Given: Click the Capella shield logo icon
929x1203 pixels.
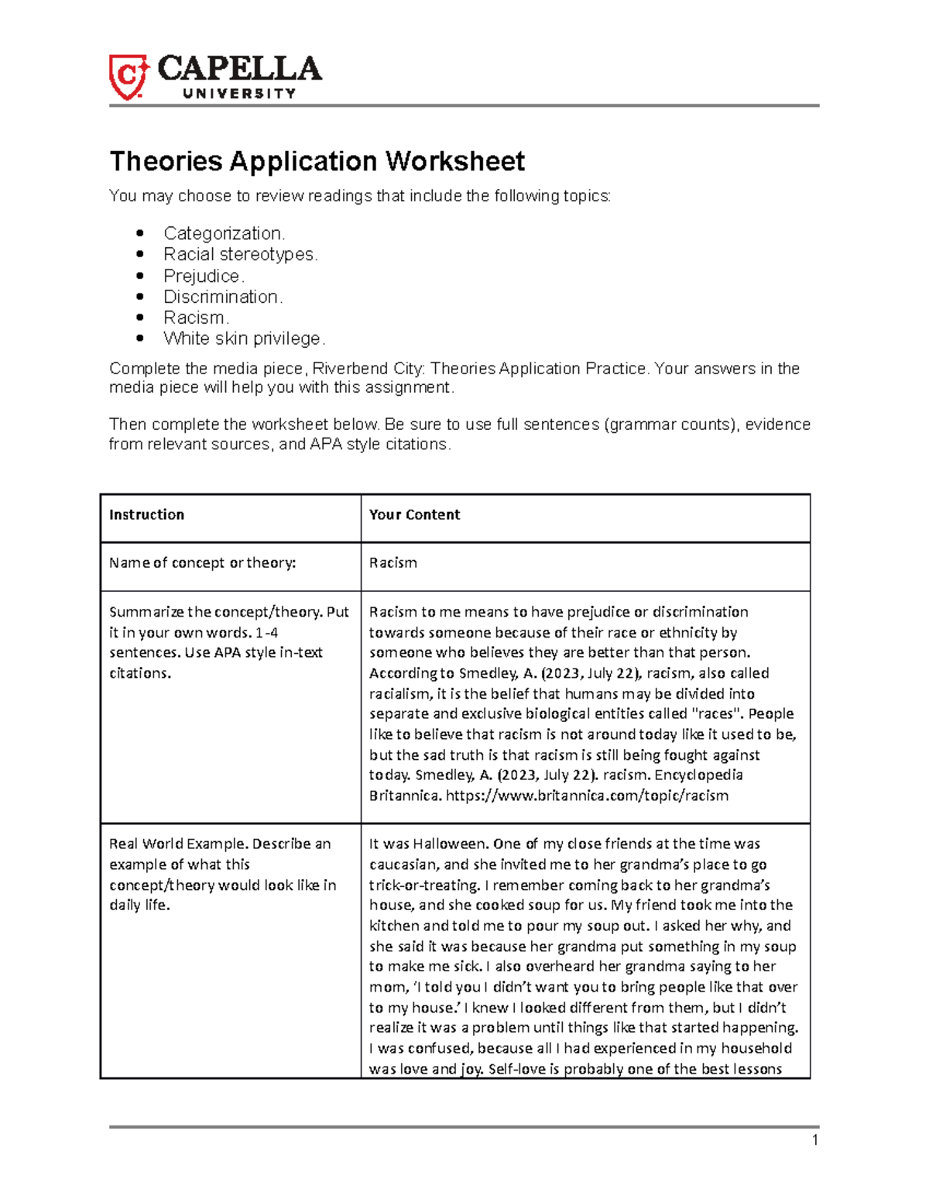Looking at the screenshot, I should click(x=128, y=77).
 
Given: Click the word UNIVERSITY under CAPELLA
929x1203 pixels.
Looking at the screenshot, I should click(x=239, y=94).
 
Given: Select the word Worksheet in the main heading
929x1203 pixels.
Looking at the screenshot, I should click(x=455, y=161).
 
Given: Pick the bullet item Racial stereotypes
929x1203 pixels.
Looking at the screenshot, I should click(x=240, y=254).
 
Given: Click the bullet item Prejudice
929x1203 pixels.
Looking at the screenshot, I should click(x=204, y=276).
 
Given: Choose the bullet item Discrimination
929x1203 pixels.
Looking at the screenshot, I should click(x=223, y=297).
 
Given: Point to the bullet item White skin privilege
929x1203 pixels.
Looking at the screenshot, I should click(x=244, y=339).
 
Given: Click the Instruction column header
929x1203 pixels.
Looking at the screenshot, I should click(x=146, y=515).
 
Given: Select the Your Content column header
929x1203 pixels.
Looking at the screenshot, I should click(x=414, y=515).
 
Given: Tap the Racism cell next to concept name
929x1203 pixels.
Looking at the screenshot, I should click(x=393, y=563).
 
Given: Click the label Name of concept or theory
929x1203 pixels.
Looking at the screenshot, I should click(x=202, y=563).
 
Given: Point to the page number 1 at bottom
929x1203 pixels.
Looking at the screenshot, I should click(x=814, y=1139).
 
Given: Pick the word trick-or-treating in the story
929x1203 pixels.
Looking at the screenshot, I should click(x=423, y=885).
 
